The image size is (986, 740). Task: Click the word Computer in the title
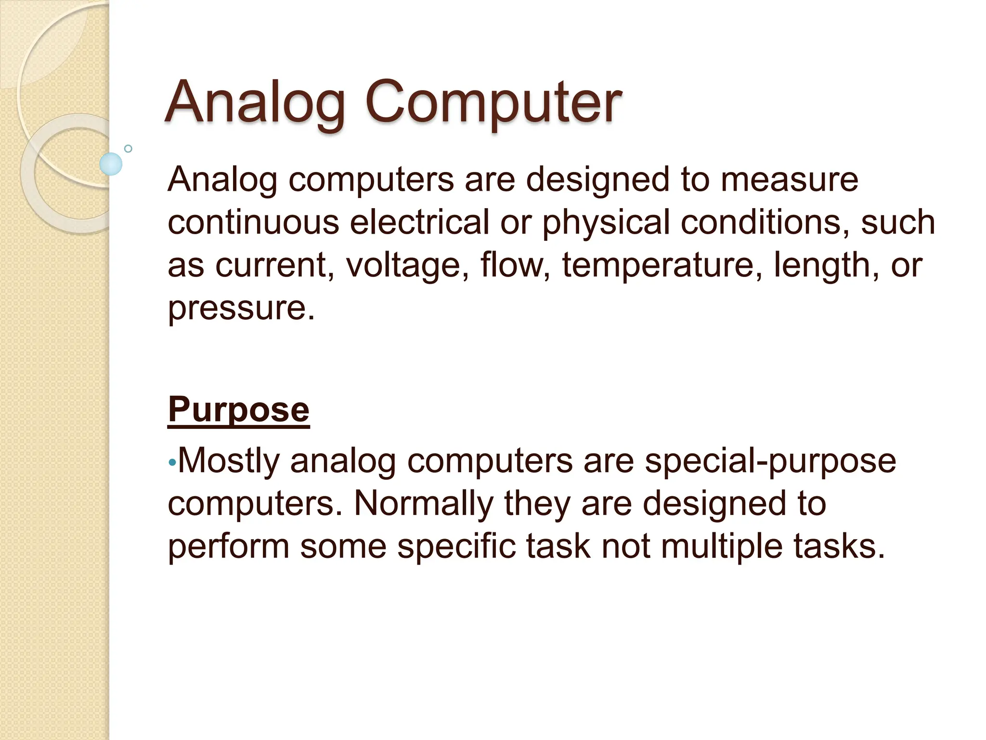493,102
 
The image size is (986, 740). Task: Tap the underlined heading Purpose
238,410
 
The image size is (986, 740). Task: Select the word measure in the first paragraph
789,179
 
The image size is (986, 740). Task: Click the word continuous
253,222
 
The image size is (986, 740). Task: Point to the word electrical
419,222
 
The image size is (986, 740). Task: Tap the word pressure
241,308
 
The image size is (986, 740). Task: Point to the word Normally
424,503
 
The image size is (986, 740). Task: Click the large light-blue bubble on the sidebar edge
111,164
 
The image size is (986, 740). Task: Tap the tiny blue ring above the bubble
128,148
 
